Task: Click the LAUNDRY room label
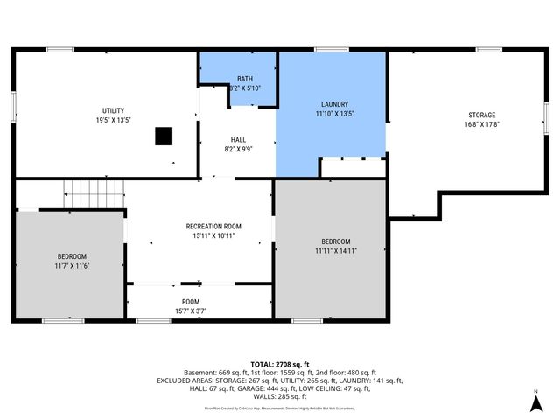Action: click(x=334, y=104)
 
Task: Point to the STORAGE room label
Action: click(x=481, y=115)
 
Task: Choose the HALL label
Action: click(x=238, y=140)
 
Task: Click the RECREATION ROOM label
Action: click(x=213, y=226)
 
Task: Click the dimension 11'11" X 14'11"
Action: click(x=335, y=250)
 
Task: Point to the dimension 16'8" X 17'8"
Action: click(x=481, y=124)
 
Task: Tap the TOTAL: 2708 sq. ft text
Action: click(x=280, y=364)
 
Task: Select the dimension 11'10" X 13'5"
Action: click(x=334, y=113)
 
